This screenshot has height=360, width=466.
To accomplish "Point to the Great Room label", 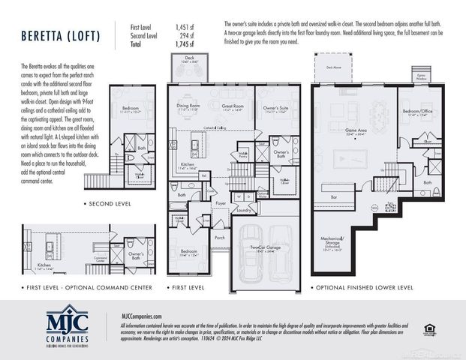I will [x=233, y=107].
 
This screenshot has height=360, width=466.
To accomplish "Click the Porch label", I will [x=220, y=238].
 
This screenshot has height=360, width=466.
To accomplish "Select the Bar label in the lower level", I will [x=334, y=197].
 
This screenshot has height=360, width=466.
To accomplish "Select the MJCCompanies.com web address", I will [x=143, y=316].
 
